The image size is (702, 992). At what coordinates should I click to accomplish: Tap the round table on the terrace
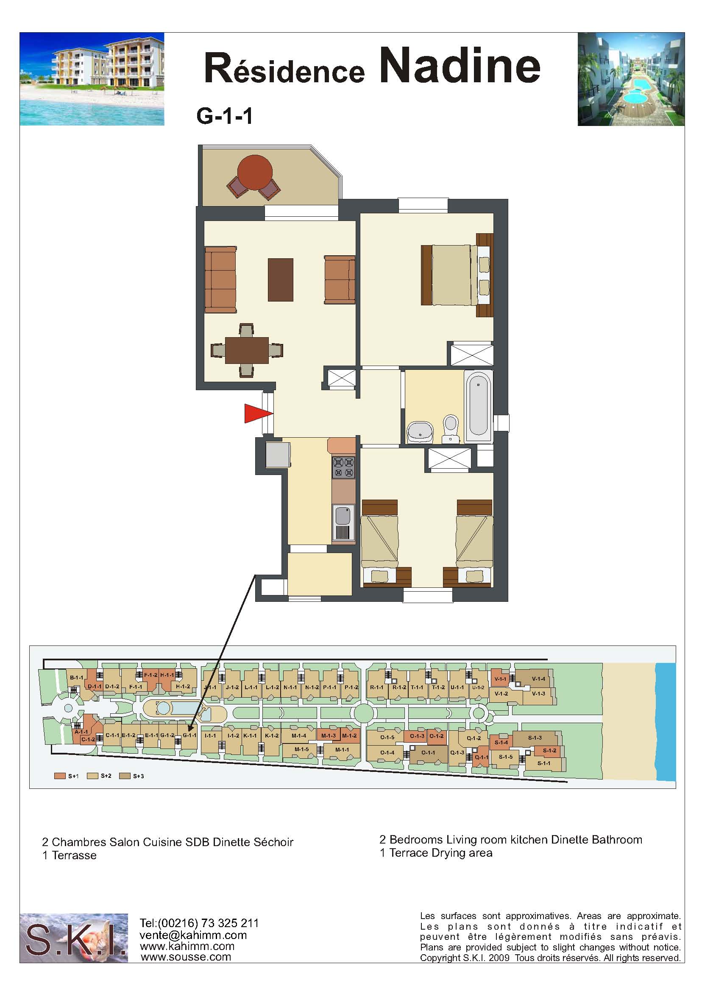click(x=255, y=172)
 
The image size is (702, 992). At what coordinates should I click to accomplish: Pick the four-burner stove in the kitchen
click(x=344, y=467)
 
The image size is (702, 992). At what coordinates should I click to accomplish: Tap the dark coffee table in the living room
click(x=281, y=280)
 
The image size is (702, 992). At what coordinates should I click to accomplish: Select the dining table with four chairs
click(x=247, y=350)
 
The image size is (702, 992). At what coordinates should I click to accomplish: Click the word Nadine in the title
click(x=460, y=66)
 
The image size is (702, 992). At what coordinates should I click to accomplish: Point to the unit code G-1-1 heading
click(x=224, y=116)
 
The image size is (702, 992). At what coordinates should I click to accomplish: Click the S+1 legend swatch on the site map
click(x=60, y=776)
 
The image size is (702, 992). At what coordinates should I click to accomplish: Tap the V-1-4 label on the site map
click(x=539, y=679)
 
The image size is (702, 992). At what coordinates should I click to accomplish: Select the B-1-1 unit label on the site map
click(x=76, y=677)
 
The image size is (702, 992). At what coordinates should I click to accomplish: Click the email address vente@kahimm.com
click(x=193, y=934)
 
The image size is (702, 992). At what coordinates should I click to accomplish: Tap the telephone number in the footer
click(x=199, y=923)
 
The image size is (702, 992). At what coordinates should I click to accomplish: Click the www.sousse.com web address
click(x=186, y=956)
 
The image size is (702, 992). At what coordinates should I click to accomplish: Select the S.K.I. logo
click(x=74, y=938)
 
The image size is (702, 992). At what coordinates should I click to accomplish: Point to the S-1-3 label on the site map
click(x=535, y=737)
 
